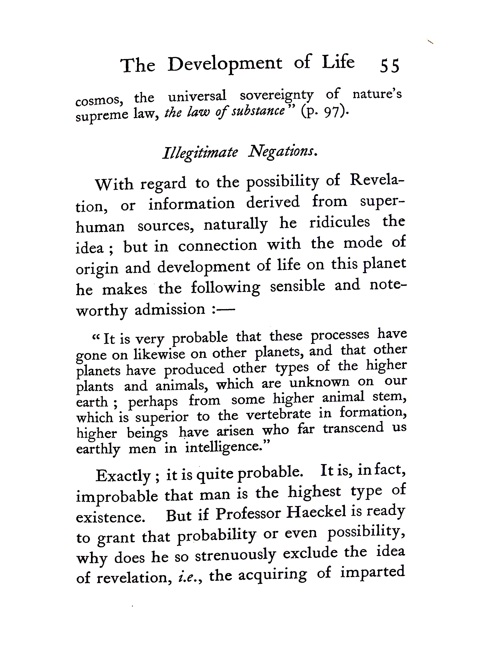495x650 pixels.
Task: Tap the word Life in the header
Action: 338,62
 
